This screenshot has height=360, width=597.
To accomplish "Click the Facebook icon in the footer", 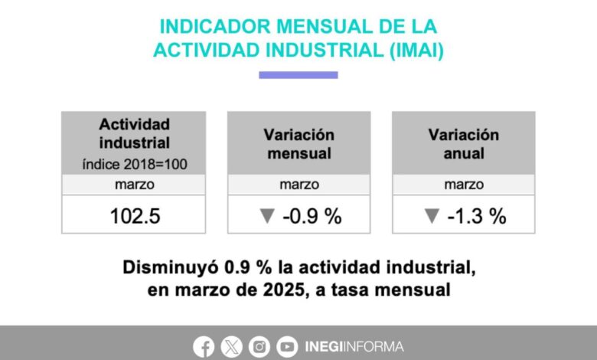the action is [x=204, y=347].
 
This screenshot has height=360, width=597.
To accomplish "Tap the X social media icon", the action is [x=231, y=347].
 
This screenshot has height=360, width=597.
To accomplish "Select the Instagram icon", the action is [x=259, y=347].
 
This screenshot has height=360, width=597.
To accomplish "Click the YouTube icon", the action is [x=287, y=347].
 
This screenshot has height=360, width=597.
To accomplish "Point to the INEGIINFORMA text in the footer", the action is [x=354, y=347].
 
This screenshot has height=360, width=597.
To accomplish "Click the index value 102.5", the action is [x=135, y=216].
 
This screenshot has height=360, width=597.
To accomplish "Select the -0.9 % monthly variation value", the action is [x=312, y=216].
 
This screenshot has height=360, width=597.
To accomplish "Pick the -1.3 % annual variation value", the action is [x=477, y=216].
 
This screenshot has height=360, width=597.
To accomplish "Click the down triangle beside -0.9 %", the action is [x=267, y=216].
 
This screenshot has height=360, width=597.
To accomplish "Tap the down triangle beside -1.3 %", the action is [x=432, y=216].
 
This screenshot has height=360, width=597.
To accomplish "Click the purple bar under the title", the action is [x=298, y=75].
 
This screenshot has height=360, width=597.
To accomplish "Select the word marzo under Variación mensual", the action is [x=299, y=185].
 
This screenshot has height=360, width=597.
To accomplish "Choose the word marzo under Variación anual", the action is [x=464, y=185].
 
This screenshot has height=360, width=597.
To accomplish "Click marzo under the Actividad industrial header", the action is [x=135, y=185].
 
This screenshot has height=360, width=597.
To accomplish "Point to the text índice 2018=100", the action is [x=135, y=165].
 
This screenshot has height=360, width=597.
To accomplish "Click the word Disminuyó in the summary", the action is [x=171, y=267].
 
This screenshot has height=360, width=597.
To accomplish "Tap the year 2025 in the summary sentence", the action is [x=284, y=290].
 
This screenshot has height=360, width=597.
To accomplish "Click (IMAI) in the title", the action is [x=416, y=51].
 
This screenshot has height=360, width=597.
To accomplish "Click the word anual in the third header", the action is [x=464, y=153].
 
